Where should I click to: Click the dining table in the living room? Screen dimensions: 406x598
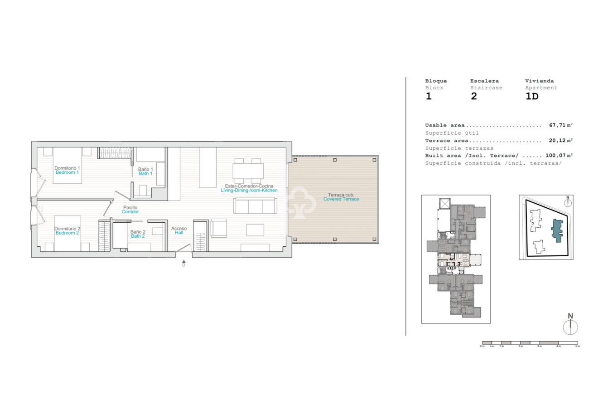coord(248,171)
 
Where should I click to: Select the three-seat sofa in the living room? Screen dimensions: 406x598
coord(255,206)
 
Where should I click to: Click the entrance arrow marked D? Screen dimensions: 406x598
coord(183,262)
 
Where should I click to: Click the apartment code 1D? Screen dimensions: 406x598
coord(531,97)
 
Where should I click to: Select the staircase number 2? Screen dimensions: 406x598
coord(474,97)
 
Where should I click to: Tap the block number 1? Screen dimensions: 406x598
coord(428,97)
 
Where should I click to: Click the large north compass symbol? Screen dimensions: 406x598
coord(570,326)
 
